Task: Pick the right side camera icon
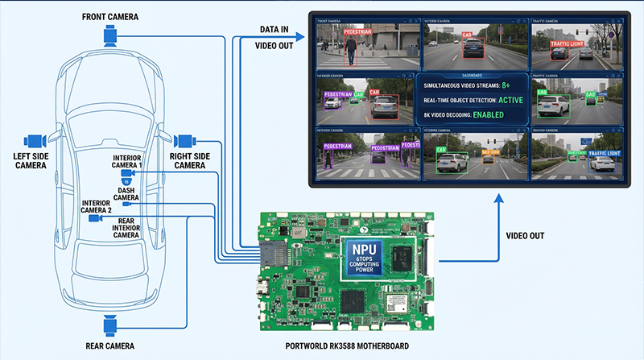(184, 139)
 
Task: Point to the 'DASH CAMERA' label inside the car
(126, 194)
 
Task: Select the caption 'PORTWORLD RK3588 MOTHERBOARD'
(347, 346)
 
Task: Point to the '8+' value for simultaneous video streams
(506, 85)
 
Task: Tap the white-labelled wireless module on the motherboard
(394, 302)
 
